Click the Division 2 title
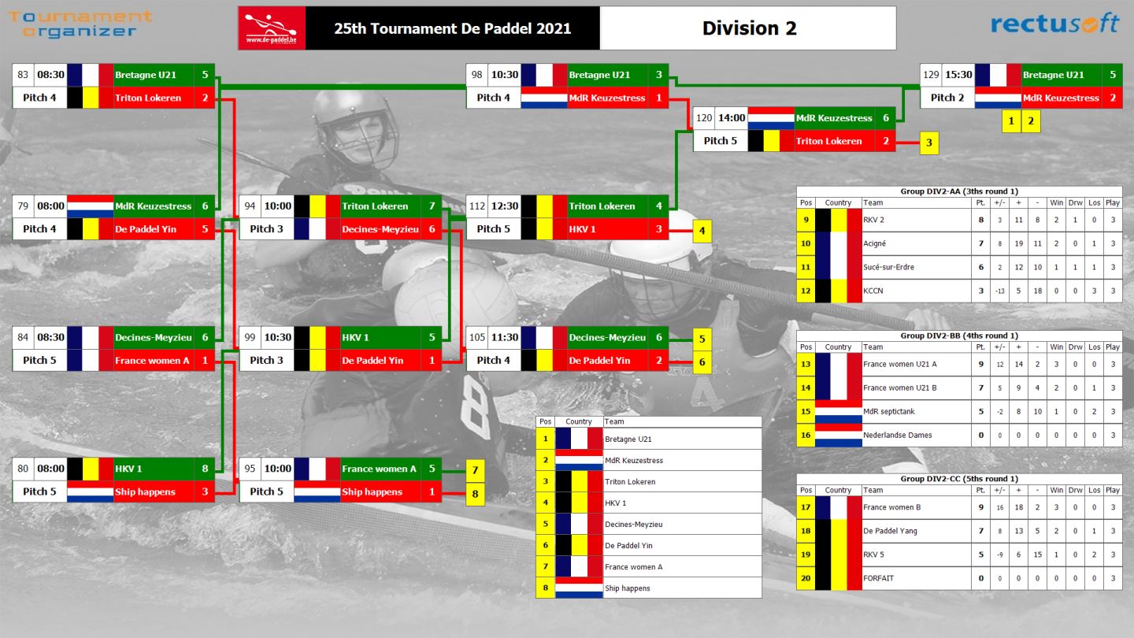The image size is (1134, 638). click(x=749, y=28)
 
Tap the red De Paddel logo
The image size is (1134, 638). click(x=272, y=28)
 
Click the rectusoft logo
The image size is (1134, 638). click(x=1054, y=24)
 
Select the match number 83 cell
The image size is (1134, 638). click(x=23, y=75)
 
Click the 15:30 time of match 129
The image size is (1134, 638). click(x=958, y=75)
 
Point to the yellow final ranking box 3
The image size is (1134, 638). click(x=929, y=143)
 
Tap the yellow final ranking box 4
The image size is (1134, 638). click(x=702, y=231)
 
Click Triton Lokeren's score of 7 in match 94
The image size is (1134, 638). click(x=432, y=206)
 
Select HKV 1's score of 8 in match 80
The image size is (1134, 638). click(x=205, y=469)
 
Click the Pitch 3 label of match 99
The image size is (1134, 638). click(x=266, y=360)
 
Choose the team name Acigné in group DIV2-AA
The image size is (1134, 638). click(x=874, y=243)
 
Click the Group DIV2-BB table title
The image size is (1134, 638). click(x=959, y=336)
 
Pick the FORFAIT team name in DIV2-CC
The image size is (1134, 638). click(x=878, y=578)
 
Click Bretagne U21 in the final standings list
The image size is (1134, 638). click(x=628, y=439)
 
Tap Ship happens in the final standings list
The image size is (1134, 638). click(x=627, y=588)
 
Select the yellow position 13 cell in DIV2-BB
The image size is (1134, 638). click(x=806, y=364)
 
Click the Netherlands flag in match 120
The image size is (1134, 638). click(x=771, y=118)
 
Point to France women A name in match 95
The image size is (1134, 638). click(x=380, y=469)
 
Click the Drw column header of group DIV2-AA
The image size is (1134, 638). click(x=1075, y=202)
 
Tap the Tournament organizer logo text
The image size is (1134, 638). click(x=80, y=24)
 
